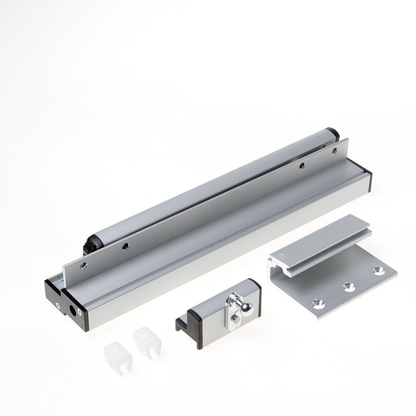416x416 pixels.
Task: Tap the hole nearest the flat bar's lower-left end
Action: [84, 265]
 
